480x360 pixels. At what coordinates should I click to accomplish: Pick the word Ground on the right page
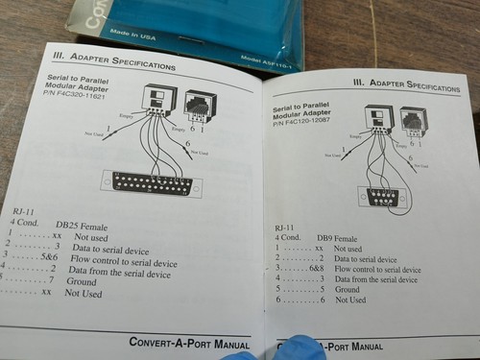[x=348, y=289]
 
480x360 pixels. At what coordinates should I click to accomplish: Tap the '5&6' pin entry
[x=48, y=258]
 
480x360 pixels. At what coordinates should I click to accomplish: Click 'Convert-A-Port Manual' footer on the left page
[x=189, y=342]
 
